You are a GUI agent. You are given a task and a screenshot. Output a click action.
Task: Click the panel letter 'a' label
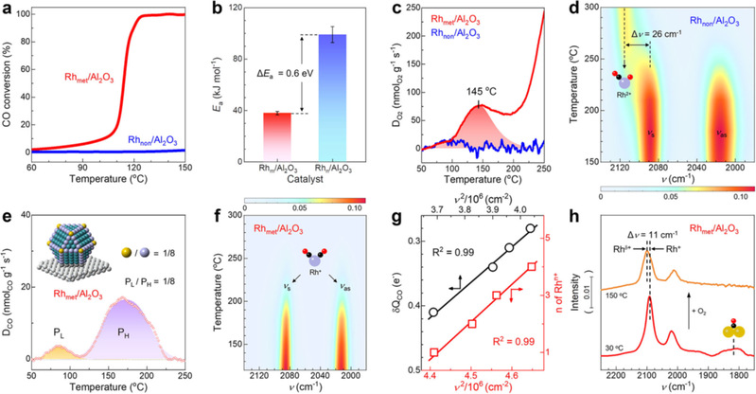click(x=8, y=9)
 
